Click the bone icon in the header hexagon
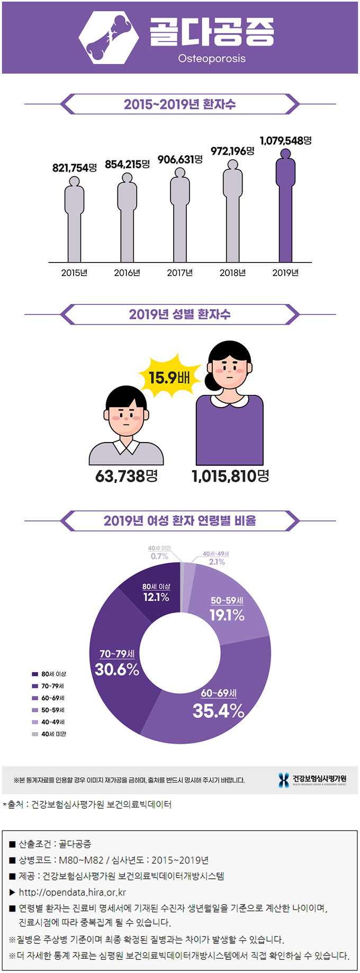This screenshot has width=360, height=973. pyautogui.click(x=109, y=37)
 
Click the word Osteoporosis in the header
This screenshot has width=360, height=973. pyautogui.click(x=212, y=58)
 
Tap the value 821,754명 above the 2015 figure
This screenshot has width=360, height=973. pyautogui.click(x=74, y=168)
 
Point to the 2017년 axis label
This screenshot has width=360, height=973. pyautogui.click(x=180, y=273)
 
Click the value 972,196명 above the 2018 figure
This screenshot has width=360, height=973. pyautogui.click(x=232, y=151)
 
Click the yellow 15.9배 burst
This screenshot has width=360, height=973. pyautogui.click(x=169, y=377)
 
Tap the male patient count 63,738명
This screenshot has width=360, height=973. pyautogui.click(x=127, y=476)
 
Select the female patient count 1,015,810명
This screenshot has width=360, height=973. pyautogui.click(x=230, y=476)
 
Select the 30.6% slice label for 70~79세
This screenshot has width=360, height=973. pyautogui.click(x=117, y=669)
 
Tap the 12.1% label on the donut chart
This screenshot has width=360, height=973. pyautogui.click(x=156, y=597)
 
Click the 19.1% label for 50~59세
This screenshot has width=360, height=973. pyautogui.click(x=227, y=615)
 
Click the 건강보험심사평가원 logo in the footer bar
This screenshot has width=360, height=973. pyautogui.click(x=312, y=780)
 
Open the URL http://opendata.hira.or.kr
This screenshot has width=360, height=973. pyautogui.click(x=72, y=892)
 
